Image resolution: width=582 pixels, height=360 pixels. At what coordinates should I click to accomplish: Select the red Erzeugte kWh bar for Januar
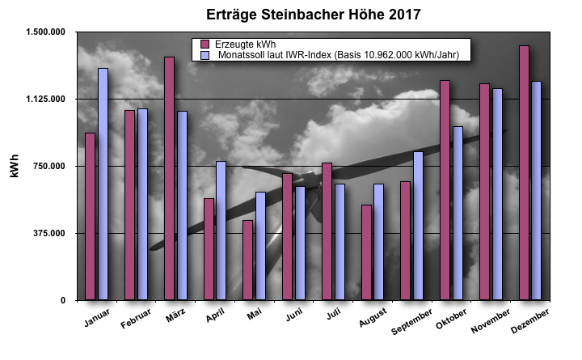(x=90, y=217)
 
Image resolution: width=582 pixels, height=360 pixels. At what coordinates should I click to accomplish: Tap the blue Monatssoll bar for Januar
(x=103, y=184)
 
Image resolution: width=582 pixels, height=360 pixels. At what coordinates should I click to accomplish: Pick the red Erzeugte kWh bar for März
(x=169, y=178)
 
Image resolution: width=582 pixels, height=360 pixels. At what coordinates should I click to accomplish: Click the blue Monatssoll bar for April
(x=221, y=231)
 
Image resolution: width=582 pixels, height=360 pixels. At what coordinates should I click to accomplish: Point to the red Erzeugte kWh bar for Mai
(x=248, y=260)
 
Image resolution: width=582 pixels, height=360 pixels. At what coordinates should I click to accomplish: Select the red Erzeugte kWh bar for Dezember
(x=525, y=173)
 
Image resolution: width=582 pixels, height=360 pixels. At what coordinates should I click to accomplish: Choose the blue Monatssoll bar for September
(x=419, y=226)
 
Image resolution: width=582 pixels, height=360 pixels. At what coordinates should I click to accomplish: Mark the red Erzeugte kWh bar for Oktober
(x=445, y=190)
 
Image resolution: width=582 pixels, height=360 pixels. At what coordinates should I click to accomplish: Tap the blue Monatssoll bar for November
(x=498, y=194)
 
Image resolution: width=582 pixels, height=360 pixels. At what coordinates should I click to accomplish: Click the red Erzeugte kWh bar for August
(x=366, y=252)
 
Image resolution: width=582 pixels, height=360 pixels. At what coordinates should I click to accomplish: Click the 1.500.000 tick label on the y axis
(x=48, y=32)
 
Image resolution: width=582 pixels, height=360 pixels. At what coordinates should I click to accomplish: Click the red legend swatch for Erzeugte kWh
(x=205, y=44)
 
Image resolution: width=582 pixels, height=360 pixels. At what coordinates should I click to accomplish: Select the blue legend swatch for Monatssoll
(x=205, y=54)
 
